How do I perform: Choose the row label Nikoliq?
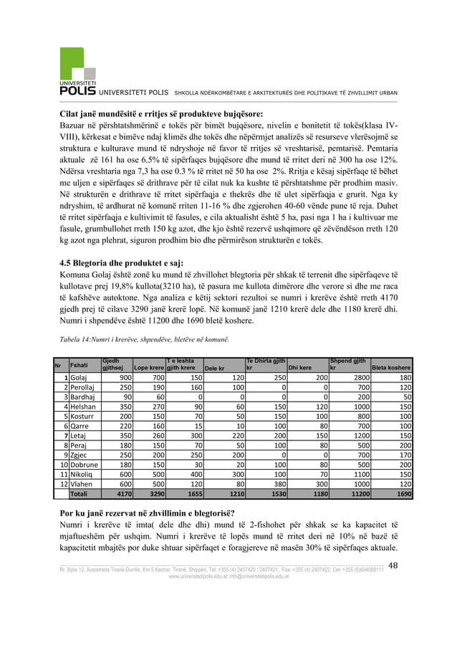[x=82, y=475]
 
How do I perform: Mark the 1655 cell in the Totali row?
[x=190, y=494]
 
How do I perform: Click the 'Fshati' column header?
[x=79, y=365]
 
